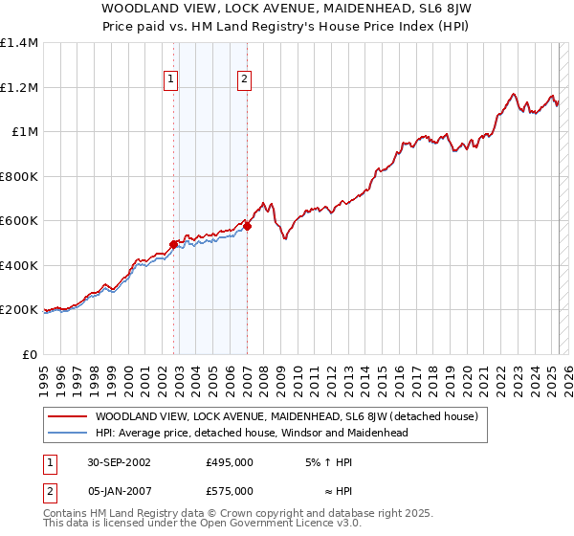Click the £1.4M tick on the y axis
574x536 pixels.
pyautogui.click(x=19, y=43)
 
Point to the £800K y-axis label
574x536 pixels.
pyautogui.click(x=19, y=176)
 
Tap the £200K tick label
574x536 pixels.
pyautogui.click(x=19, y=310)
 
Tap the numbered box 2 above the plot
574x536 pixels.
pyautogui.click(x=245, y=80)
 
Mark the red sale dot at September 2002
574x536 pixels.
pyautogui.click(x=174, y=244)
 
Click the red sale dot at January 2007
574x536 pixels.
pyautogui.click(x=247, y=227)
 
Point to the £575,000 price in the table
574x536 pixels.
pyautogui.click(x=230, y=490)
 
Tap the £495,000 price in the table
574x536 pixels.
pyautogui.click(x=230, y=462)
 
